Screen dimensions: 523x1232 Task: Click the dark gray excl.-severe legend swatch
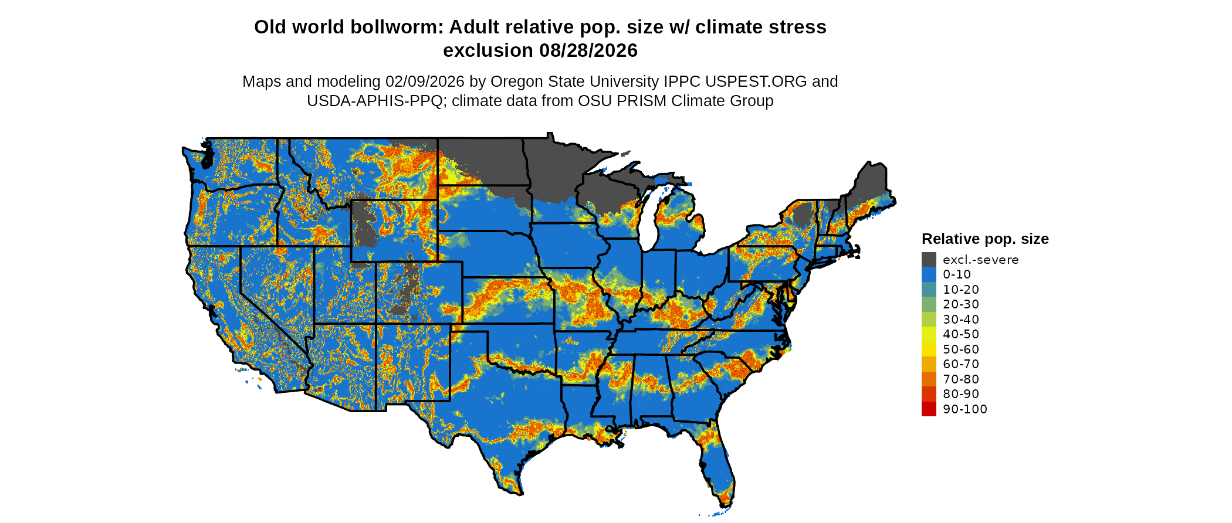929,259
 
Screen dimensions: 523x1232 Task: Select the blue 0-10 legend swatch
929,274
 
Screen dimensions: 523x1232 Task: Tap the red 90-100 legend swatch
929,409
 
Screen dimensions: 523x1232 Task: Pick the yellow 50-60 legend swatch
929,349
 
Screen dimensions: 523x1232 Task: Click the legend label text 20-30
961,304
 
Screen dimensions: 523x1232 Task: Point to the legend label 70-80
961,379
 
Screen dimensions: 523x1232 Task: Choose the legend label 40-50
961,334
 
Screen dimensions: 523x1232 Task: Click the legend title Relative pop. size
985,239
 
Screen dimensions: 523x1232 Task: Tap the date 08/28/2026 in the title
588,51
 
